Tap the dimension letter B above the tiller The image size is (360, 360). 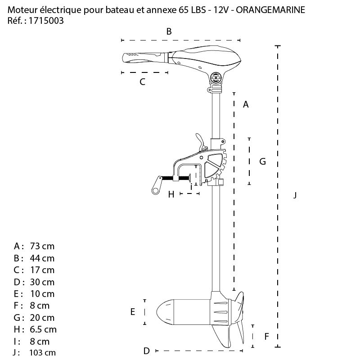click(x=169, y=31)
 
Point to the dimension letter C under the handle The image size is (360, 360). click(x=143, y=82)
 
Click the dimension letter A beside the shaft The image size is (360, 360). click(x=246, y=104)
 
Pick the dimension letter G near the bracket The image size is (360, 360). click(x=263, y=161)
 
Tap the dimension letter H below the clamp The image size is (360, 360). click(x=171, y=194)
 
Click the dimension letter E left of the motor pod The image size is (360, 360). click(x=133, y=311)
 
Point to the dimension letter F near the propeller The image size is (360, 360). click(x=267, y=336)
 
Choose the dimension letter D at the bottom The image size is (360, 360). click(x=146, y=351)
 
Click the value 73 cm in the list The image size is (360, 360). click(x=42, y=246)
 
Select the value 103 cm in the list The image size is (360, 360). click(x=43, y=353)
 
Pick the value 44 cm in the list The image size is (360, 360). click(x=42, y=258)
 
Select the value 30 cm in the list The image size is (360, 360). click(x=42, y=282)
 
